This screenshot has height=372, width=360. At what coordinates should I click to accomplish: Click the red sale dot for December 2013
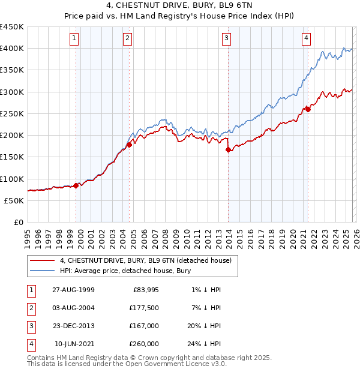pyautogui.click(x=229, y=150)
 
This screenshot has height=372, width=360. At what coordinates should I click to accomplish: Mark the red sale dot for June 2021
pyautogui.click(x=308, y=109)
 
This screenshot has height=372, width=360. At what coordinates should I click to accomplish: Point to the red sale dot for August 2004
pyautogui.click(x=129, y=145)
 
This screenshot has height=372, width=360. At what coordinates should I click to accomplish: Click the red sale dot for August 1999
pyautogui.click(x=76, y=185)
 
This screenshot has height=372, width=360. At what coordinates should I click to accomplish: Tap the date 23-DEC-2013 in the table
pyautogui.click(x=73, y=326)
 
